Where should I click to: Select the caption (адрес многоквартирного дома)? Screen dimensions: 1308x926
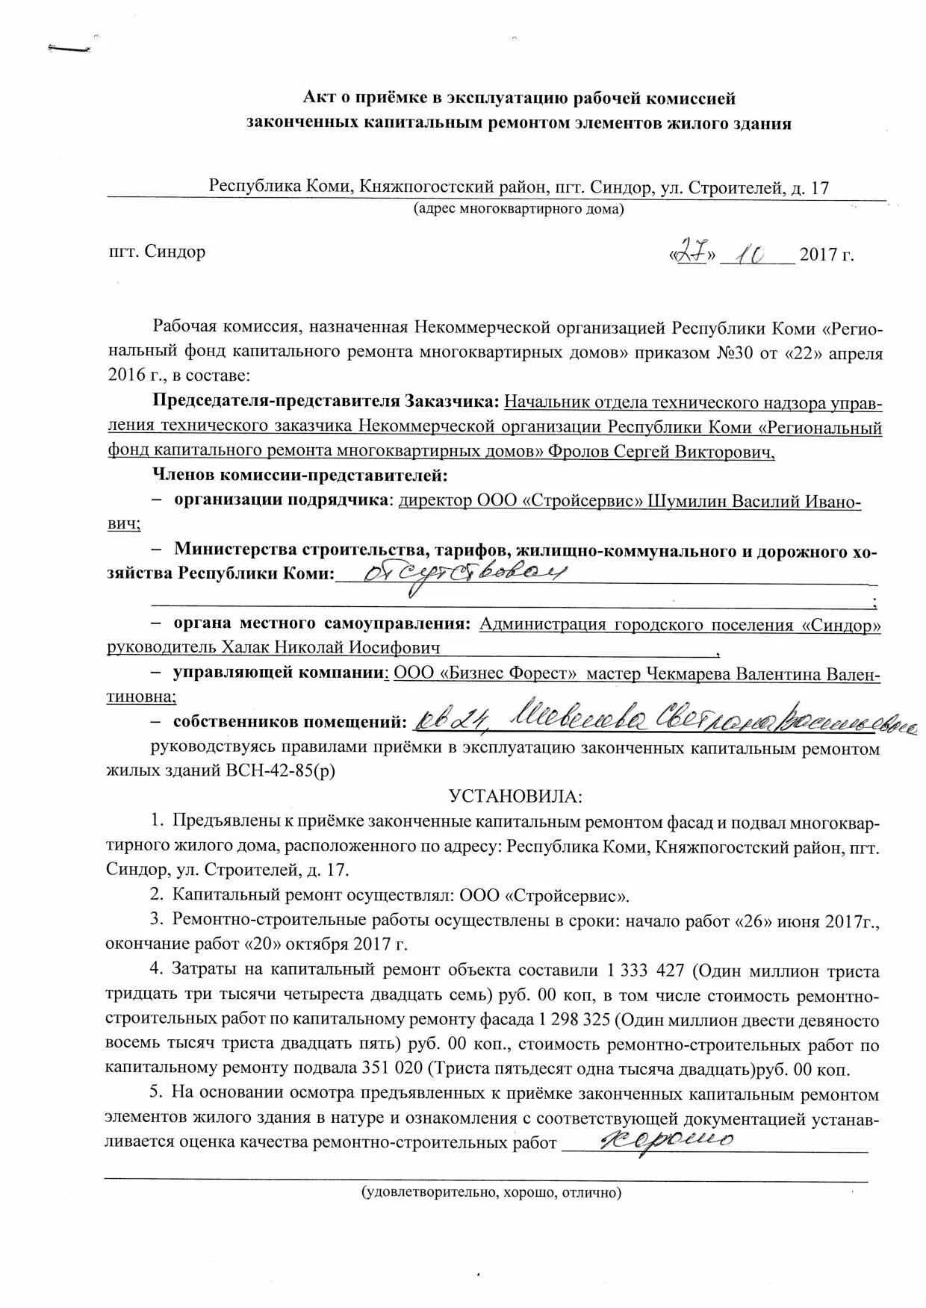(x=519, y=209)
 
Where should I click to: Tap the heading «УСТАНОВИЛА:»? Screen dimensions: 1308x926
(x=515, y=796)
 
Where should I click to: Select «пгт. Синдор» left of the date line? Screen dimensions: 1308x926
(x=157, y=252)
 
